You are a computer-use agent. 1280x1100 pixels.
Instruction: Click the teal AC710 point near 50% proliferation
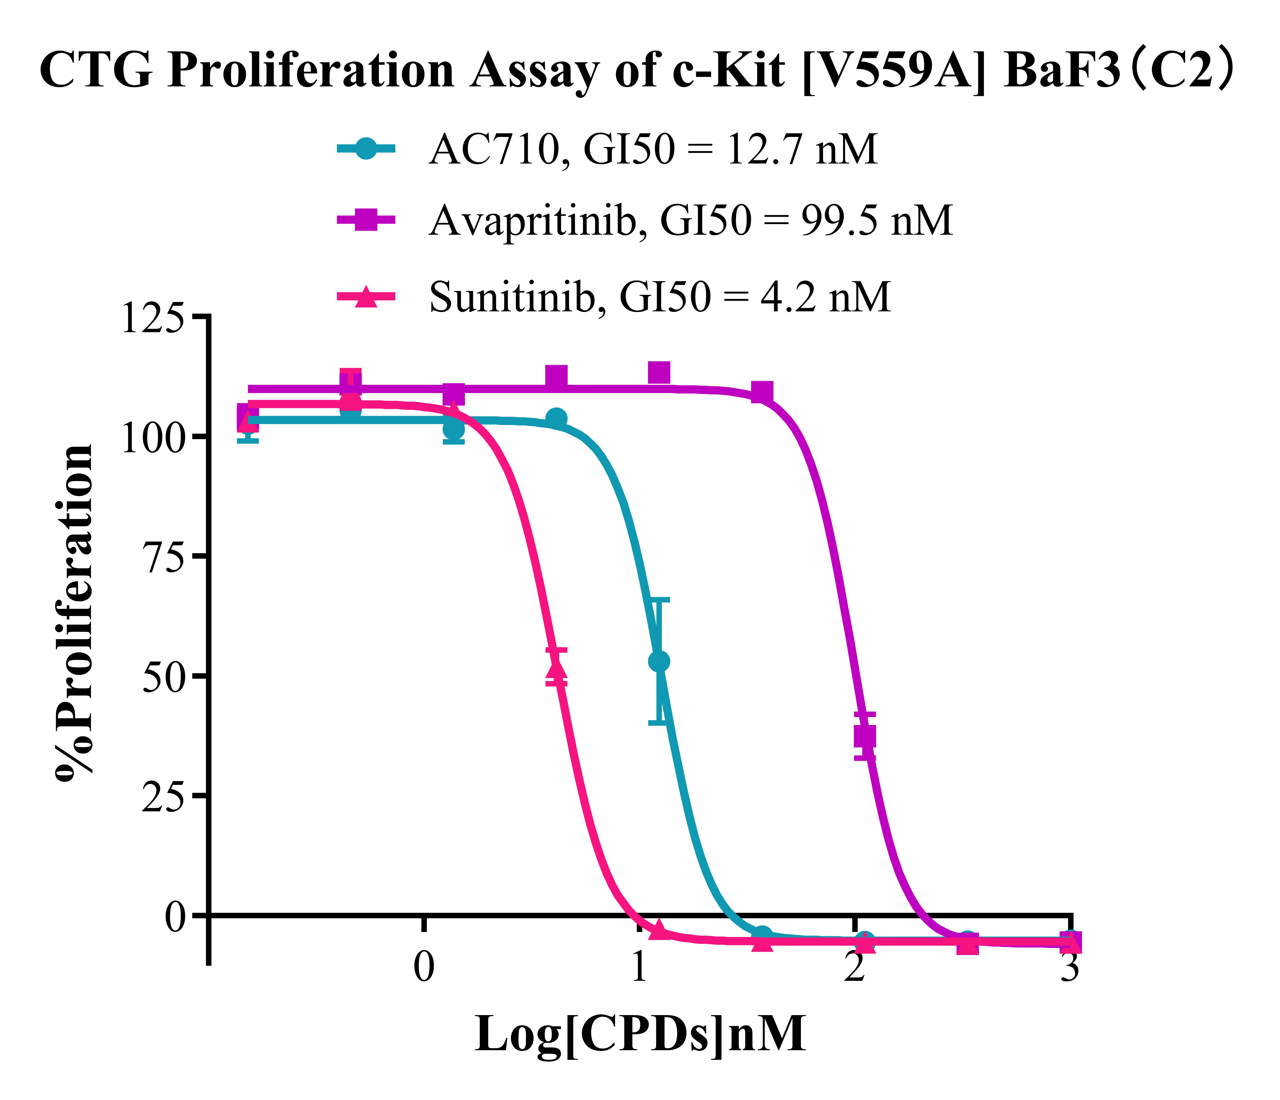click(x=659, y=661)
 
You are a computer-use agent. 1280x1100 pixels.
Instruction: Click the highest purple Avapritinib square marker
click(x=659, y=372)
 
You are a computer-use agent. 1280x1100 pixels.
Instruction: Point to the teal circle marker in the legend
click(x=366, y=149)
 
